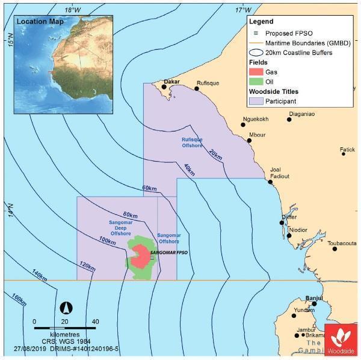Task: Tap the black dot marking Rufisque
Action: point(197,88)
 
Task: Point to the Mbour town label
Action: point(257,135)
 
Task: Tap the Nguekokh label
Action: point(255,119)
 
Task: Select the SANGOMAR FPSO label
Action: point(168,253)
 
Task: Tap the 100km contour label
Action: point(106,241)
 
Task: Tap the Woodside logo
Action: point(341,340)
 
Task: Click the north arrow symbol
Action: point(67,308)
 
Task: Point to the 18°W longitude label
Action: point(73,10)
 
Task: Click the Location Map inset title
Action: point(40,22)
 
